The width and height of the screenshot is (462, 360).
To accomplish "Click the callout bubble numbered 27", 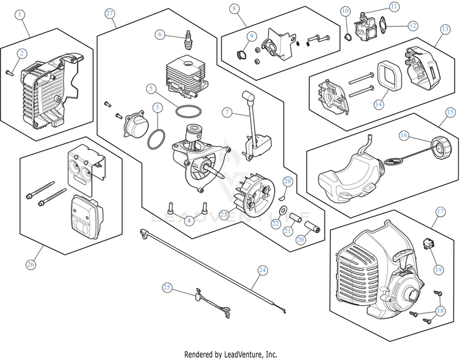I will (x=110, y=13).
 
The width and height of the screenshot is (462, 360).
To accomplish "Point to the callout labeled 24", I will (x=262, y=269).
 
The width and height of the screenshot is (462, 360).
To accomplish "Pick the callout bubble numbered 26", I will (x=30, y=265).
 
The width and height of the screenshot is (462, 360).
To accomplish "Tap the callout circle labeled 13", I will (x=445, y=28).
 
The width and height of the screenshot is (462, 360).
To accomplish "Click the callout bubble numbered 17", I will (x=440, y=211).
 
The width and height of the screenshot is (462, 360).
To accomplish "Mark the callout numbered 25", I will (x=167, y=287).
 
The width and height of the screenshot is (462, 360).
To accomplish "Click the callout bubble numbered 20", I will (x=301, y=239).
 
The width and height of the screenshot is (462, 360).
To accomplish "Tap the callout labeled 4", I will (x=189, y=220).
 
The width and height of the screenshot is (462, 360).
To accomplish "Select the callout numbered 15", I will (x=450, y=112).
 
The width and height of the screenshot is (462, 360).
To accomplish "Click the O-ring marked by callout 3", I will (x=156, y=138).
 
